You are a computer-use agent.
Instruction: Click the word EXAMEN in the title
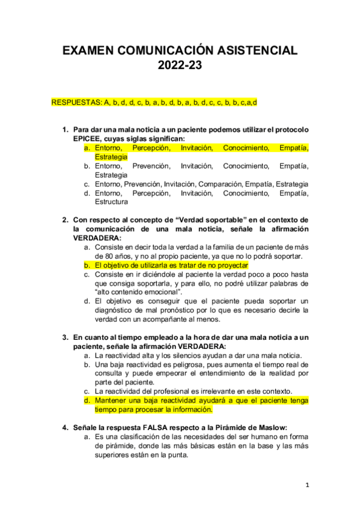click(93, 52)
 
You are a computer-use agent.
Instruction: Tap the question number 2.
click(66, 220)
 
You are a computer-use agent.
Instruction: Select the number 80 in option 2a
click(112, 256)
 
